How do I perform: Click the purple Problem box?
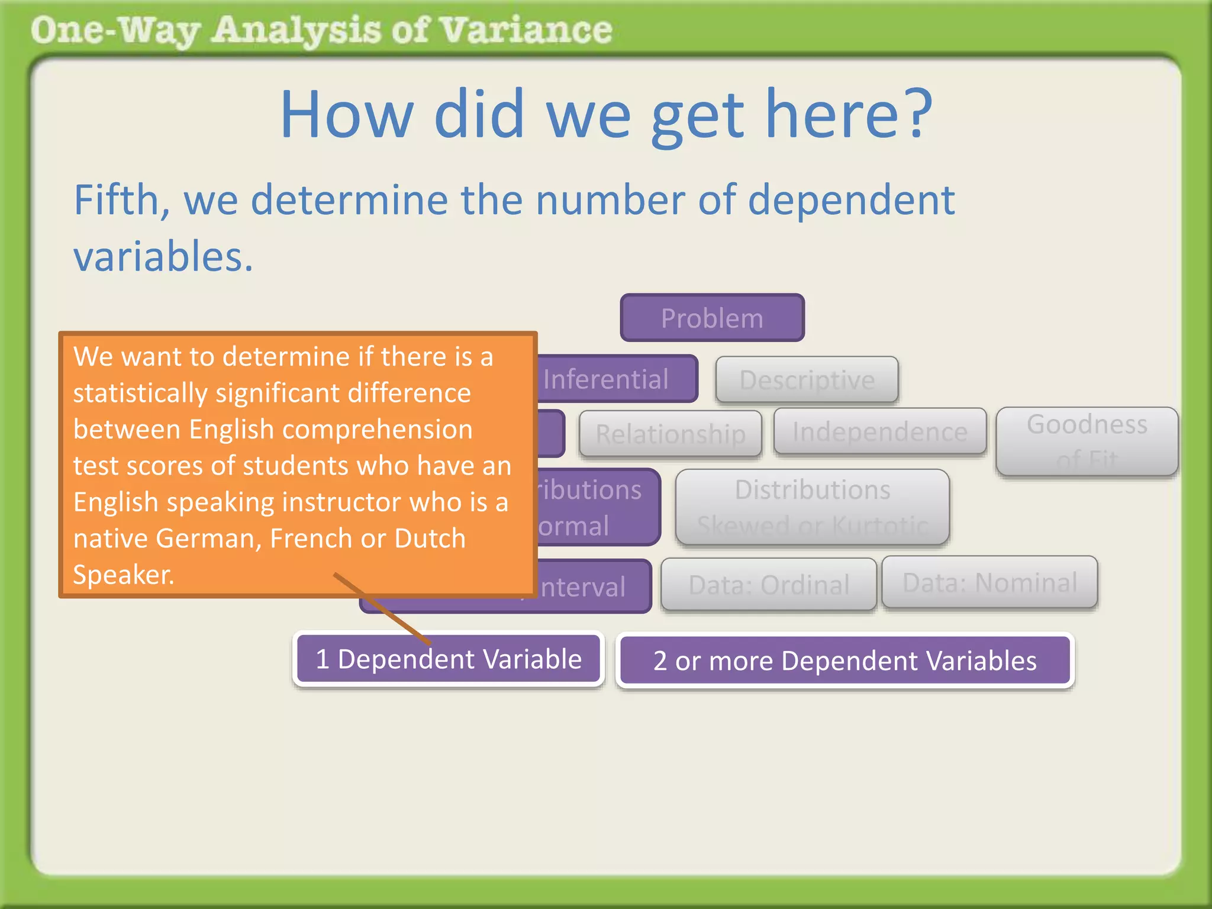[712, 318]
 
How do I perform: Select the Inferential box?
[615, 379]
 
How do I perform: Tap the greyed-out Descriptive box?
[807, 380]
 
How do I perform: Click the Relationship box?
[670, 434]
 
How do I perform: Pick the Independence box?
[879, 432]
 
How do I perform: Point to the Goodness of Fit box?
[1087, 441]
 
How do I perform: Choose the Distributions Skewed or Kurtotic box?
[812, 507]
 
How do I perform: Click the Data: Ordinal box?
[768, 585]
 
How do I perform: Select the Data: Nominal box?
[989, 582]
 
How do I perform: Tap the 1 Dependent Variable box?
[448, 659]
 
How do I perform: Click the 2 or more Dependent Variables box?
[844, 660]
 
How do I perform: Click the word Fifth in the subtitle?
[121, 200]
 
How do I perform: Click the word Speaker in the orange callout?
[123, 575]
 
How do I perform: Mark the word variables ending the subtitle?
[163, 257]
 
